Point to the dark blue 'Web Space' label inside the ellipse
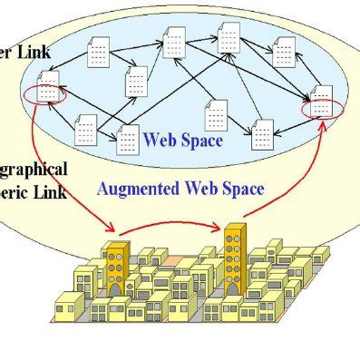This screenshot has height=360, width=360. point(182,141)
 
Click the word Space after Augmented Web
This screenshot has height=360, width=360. point(238,189)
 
